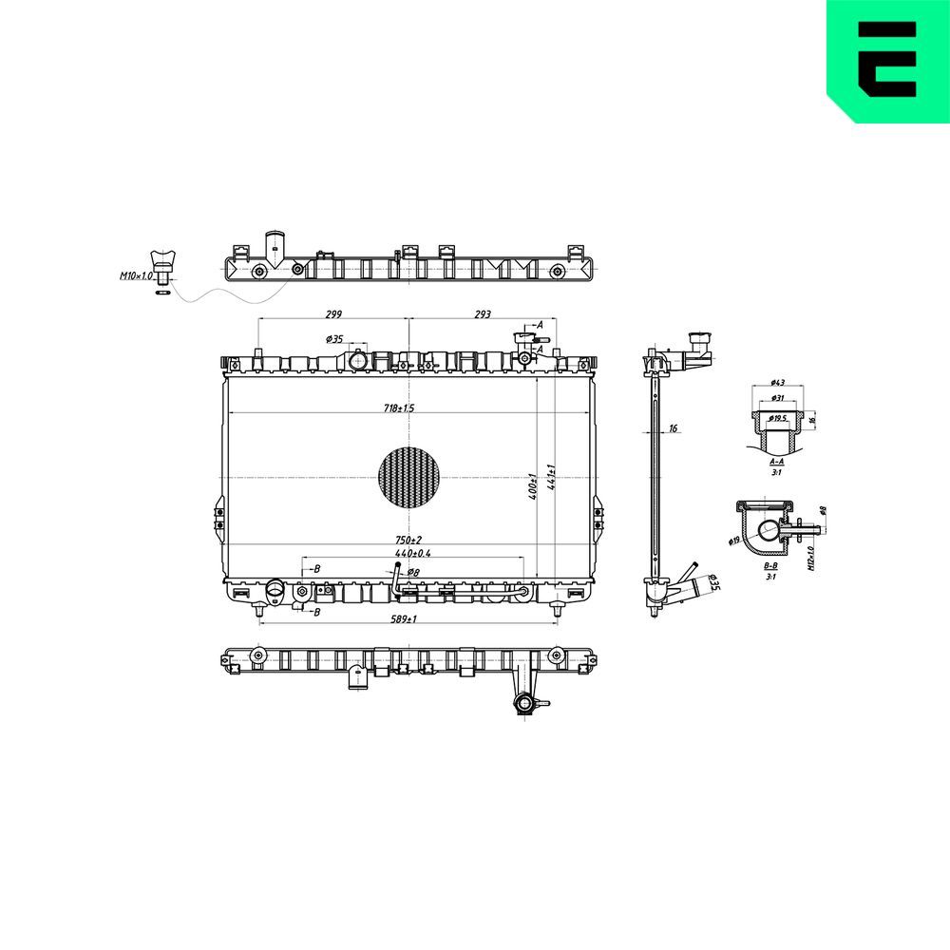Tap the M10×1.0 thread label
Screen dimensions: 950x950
135,276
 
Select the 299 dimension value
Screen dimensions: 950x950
332,314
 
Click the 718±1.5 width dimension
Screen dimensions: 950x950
399,408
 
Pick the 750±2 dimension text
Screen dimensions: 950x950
409,541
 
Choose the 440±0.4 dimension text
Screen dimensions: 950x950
411,553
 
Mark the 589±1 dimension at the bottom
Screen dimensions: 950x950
405,619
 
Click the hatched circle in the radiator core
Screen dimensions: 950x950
409,476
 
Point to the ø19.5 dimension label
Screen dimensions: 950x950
779,417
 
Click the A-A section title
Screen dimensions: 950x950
776,461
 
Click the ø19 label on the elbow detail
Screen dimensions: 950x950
734,541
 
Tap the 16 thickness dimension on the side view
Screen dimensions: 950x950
673,429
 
